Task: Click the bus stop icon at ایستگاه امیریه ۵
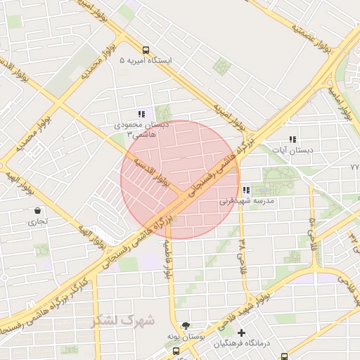pos(145,50)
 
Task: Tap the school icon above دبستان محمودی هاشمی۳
pos(141,114)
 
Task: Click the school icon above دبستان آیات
pos(292,139)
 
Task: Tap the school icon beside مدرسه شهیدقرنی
pos(245,190)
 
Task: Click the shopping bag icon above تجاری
pos(37,210)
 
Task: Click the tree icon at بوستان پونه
pos(186,326)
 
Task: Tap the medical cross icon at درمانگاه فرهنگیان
pos(242,333)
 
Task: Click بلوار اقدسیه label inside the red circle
pos(161,169)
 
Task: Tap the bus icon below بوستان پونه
pos(176,349)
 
